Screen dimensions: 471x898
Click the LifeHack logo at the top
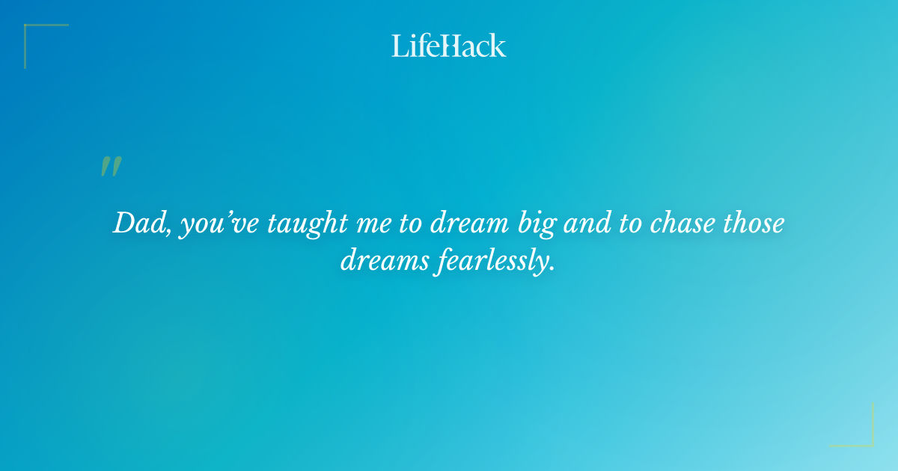pos(449,46)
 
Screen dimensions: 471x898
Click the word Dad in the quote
pos(140,224)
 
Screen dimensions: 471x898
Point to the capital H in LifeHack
pos(448,46)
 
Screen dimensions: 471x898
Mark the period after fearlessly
pos(553,268)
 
